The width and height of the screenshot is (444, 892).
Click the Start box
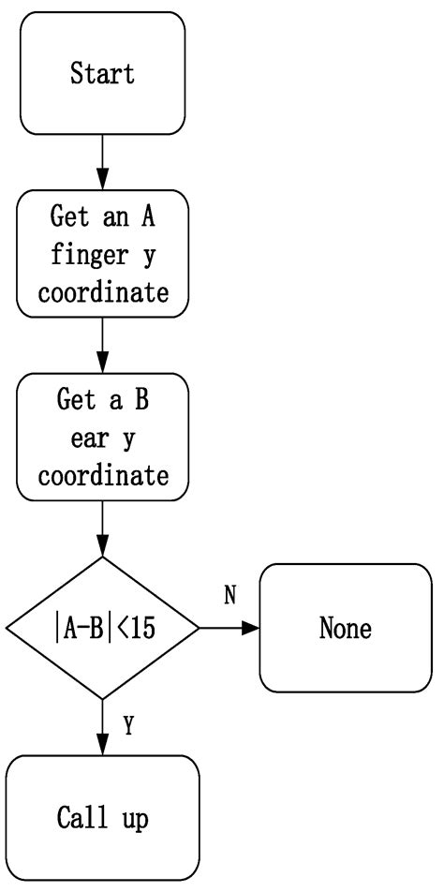point(102,73)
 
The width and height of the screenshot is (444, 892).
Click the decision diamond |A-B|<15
point(102,628)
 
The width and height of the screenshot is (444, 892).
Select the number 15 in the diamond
point(143,628)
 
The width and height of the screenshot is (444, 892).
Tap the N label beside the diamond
point(229,596)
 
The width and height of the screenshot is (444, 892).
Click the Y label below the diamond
point(129,727)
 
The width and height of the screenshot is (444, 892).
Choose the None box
point(345,628)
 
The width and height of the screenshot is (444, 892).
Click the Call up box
point(102,818)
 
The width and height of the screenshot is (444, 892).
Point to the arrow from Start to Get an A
point(102,163)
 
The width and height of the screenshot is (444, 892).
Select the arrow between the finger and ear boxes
point(102,348)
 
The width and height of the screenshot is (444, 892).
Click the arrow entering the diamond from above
point(102,531)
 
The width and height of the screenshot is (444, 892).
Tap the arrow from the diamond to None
point(229,628)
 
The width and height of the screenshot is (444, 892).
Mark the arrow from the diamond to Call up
point(102,727)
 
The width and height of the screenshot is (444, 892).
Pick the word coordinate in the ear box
point(102,475)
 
